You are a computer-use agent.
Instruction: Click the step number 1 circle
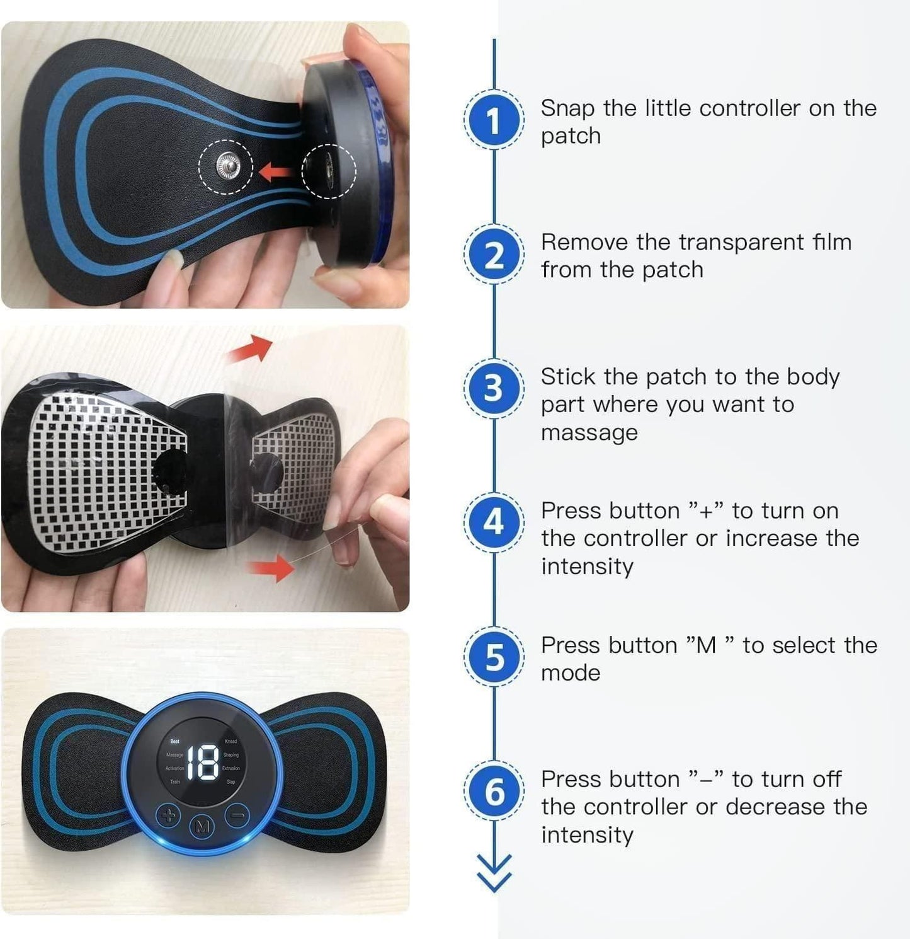(x=494, y=120)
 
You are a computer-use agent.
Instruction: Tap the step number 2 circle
(x=494, y=255)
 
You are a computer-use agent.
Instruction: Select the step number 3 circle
(x=494, y=388)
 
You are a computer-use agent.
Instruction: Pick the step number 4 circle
(x=494, y=522)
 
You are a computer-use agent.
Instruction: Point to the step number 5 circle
(x=494, y=657)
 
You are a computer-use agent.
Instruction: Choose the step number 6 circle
(x=494, y=791)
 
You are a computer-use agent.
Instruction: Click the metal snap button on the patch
(x=226, y=166)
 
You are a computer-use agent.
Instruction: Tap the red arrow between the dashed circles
(x=276, y=171)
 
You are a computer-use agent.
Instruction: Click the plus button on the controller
(x=168, y=816)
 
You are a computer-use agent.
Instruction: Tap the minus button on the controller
(x=237, y=816)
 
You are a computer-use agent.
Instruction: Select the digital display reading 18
(x=203, y=763)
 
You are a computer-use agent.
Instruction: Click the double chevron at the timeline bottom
(x=494, y=873)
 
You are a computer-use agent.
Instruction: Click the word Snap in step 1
(x=567, y=109)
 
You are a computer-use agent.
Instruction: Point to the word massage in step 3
(x=589, y=433)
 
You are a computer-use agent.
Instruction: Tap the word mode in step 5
(x=571, y=673)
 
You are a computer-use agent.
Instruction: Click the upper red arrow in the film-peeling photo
(x=251, y=350)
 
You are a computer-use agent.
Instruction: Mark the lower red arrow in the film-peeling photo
(x=272, y=568)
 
